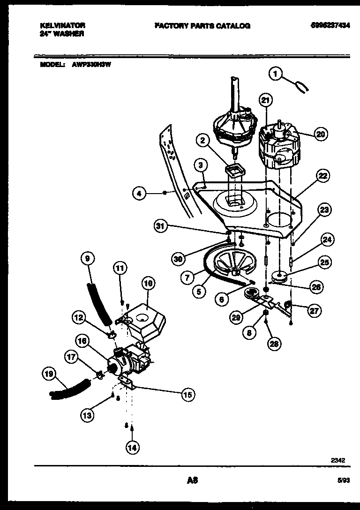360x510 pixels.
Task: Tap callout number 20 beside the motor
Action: [320, 135]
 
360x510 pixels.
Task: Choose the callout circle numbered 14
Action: [133, 448]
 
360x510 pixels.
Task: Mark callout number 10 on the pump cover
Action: [148, 284]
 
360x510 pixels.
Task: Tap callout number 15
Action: [187, 394]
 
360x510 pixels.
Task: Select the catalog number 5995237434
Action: [330, 25]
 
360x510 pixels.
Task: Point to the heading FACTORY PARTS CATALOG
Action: [202, 26]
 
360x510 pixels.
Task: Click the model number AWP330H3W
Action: [91, 65]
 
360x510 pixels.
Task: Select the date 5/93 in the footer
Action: [343, 480]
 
